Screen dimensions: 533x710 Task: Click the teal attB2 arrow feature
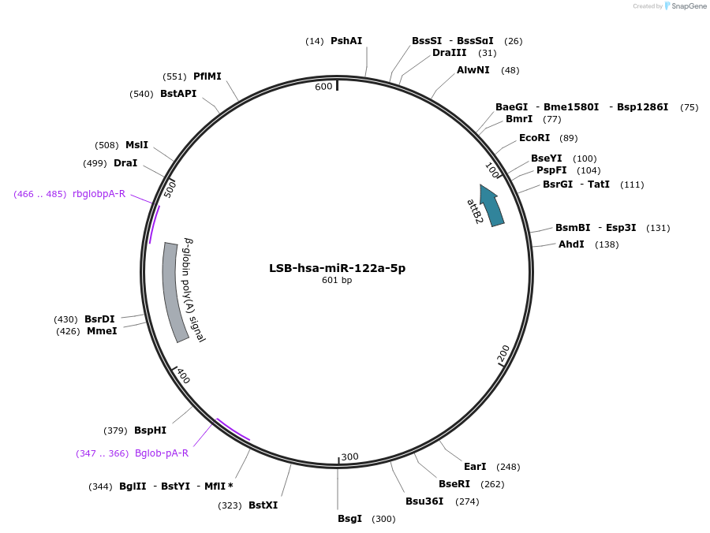491,206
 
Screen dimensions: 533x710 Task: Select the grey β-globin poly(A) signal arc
175,292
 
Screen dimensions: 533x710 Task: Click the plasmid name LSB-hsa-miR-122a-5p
337,268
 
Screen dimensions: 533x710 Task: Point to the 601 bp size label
337,281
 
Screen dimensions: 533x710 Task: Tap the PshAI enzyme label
346,41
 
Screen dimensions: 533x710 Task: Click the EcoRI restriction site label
534,138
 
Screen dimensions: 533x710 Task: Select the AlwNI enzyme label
473,70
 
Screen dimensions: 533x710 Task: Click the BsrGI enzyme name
559,184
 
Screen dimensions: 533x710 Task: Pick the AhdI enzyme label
571,244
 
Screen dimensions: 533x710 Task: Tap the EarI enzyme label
475,467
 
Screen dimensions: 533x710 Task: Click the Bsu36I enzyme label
424,501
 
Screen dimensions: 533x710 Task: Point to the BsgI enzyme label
349,519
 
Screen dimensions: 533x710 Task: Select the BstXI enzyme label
263,505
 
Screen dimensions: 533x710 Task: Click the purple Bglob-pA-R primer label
162,453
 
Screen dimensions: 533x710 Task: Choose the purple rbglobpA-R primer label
99,194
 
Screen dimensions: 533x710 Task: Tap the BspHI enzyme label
150,430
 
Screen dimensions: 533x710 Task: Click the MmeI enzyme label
102,331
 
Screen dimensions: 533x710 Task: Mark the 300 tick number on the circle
349,457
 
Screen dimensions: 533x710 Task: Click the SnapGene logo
685,6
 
